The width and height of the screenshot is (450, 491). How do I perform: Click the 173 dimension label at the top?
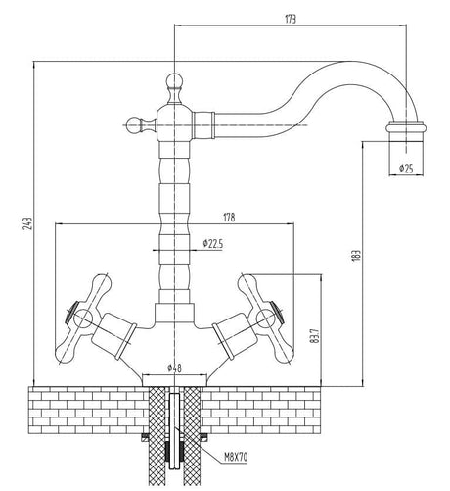[289, 19]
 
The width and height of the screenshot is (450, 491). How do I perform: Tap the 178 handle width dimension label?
[175, 217]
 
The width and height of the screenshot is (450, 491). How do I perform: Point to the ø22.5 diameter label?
[214, 243]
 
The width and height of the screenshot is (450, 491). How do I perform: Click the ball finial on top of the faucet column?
[173, 81]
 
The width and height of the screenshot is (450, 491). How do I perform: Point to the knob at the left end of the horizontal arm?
[133, 123]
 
